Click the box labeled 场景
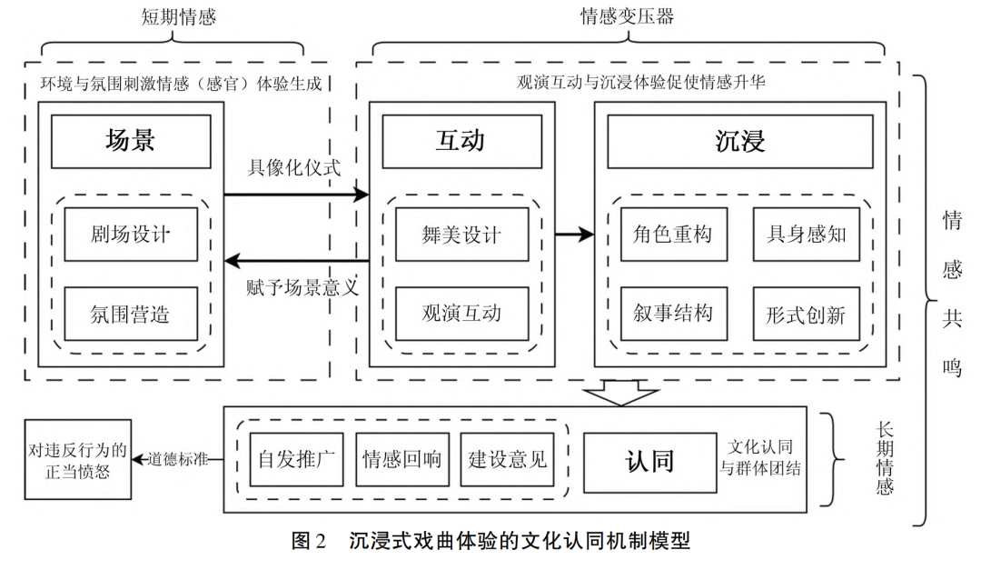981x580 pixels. pos(131,141)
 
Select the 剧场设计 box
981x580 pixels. pos(131,234)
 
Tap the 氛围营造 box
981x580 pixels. pos(131,314)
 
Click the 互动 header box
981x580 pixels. pos(461,141)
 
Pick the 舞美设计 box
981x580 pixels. pos(461,234)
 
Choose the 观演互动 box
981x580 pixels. pos(461,314)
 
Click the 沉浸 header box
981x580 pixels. pos(739,141)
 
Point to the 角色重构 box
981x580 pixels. pos(673,234)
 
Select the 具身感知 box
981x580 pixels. pos(806,234)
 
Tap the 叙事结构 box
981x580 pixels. pos(673,314)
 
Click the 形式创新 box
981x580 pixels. pos(806,314)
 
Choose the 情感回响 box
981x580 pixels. pos(401,459)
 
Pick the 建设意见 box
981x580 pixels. pos(508,459)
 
